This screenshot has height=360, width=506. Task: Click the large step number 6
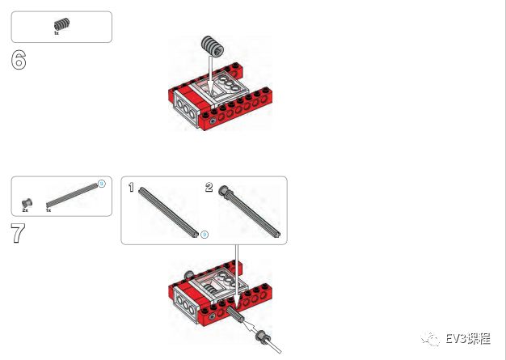coord(19,60)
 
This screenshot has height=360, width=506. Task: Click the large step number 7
coord(18,233)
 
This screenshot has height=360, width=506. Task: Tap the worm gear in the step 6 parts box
coord(61,24)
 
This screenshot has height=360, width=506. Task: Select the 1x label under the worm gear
coord(57,33)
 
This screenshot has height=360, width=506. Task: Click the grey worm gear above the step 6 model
coord(213,46)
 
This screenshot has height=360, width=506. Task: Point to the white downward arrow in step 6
coord(210,75)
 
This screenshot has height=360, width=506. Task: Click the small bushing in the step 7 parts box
coord(27,203)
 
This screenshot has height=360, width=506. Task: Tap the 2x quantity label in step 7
coord(25,210)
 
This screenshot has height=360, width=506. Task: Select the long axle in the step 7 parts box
coord(72,195)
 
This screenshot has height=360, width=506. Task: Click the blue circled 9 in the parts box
coord(102,184)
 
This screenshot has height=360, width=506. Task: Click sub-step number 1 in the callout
coord(131,187)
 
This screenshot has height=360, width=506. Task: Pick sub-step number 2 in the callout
coord(209,187)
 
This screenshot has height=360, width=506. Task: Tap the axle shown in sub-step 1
coord(168,213)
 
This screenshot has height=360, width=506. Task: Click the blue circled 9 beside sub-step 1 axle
coord(205,235)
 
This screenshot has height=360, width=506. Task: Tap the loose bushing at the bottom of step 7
coord(262,337)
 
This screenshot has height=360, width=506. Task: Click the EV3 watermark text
coord(468,339)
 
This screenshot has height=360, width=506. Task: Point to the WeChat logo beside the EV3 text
coord(430,339)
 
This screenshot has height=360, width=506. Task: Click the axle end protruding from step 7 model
coord(235,314)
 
